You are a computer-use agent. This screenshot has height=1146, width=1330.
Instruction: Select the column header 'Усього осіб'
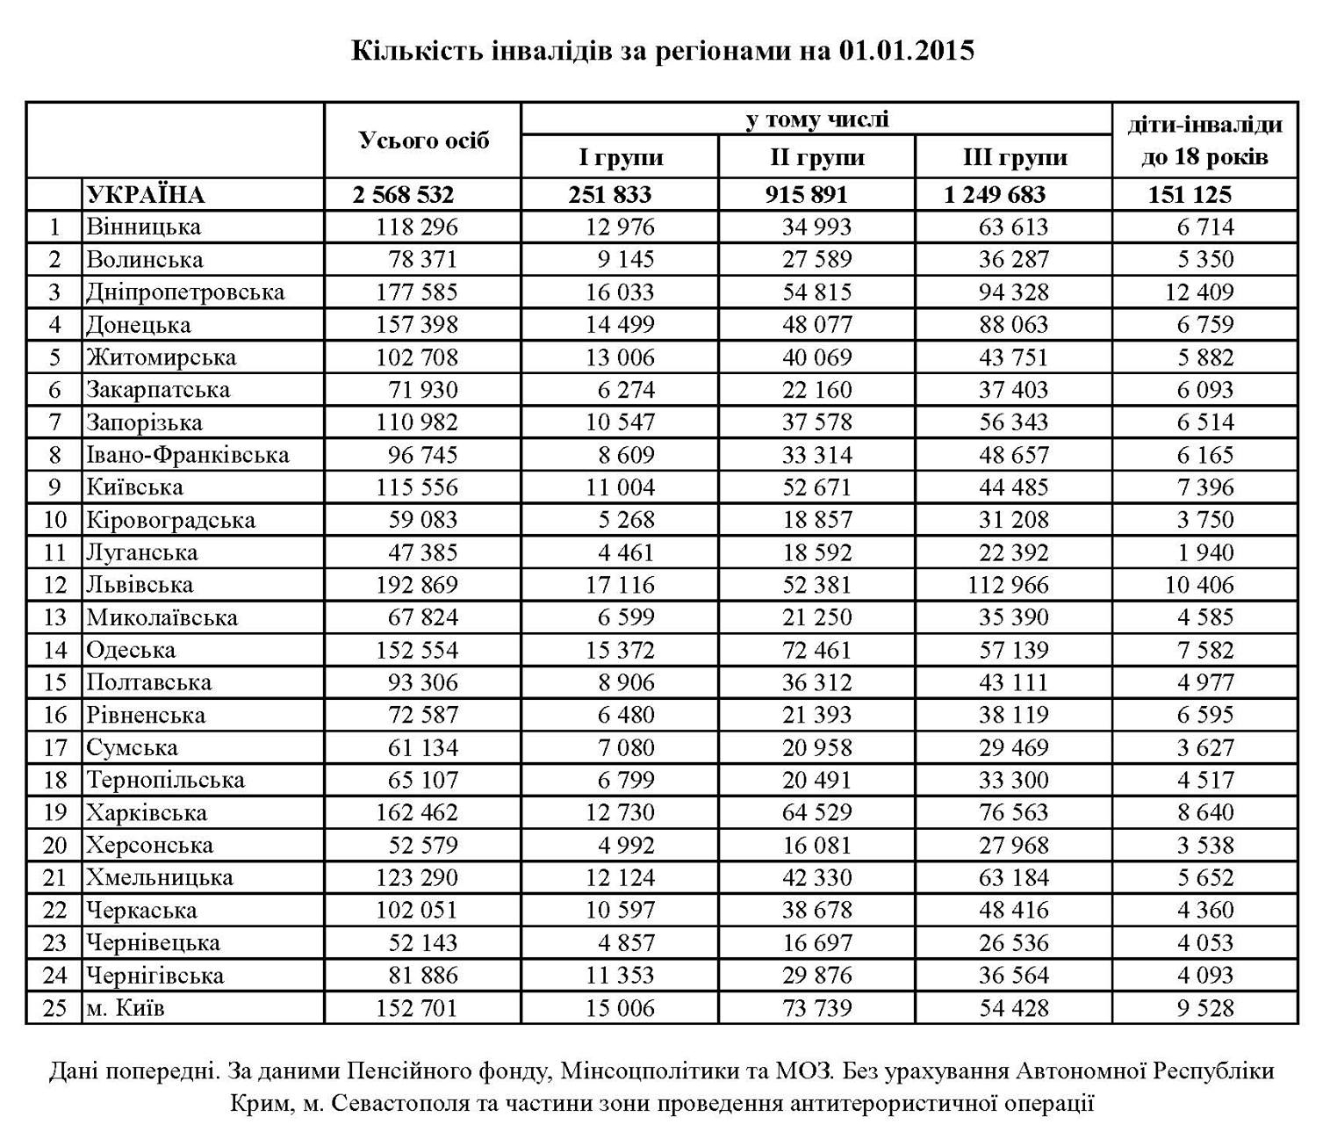point(423,141)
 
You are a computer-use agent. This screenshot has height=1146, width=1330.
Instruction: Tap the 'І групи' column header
point(620,158)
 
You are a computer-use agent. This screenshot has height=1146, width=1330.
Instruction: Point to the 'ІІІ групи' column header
point(1014,158)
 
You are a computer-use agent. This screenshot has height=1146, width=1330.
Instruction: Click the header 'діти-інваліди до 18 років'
point(1204,141)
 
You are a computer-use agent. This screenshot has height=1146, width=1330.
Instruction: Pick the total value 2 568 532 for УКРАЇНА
point(404,195)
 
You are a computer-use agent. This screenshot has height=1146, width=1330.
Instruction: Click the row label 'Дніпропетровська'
point(185,292)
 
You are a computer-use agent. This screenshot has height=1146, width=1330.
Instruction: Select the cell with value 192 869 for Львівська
point(417,585)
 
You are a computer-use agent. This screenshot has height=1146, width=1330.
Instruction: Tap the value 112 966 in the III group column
point(1008,585)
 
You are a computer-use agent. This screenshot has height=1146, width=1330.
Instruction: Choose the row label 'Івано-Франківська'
point(187,455)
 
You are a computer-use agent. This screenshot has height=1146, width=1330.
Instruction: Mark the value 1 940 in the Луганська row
point(1205,552)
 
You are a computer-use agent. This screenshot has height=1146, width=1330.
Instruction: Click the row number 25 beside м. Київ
point(54,1008)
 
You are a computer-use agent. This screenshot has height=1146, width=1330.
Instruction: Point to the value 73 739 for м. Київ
point(816,1008)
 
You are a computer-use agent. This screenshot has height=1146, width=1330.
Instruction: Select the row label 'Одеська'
point(131,650)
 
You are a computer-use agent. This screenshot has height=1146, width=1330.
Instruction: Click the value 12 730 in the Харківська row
point(620,812)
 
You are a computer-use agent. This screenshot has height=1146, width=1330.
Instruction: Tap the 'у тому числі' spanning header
point(816,119)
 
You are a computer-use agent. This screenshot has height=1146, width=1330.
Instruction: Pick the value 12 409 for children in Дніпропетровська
point(1199,292)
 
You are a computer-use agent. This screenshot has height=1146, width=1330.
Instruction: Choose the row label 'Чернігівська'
point(155,976)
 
